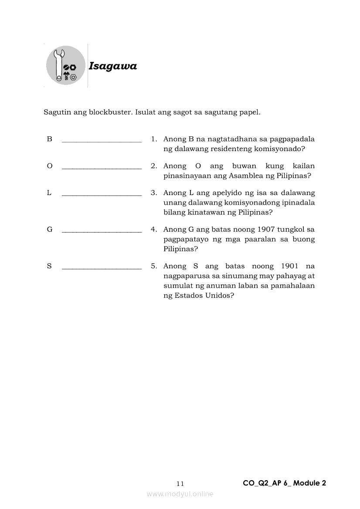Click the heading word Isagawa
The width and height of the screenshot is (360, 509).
[112, 66]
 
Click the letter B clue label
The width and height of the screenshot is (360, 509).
[49, 139]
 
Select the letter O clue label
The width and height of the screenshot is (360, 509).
[49, 166]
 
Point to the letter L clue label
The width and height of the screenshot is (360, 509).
[49, 193]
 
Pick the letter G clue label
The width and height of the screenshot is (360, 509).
[49, 229]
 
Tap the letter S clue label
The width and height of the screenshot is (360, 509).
[49, 266]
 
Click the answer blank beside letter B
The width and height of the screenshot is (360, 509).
[102, 141]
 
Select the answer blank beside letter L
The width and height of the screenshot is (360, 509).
[102, 195]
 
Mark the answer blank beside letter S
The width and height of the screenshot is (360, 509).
[102, 268]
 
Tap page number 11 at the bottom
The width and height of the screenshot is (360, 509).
[180, 484]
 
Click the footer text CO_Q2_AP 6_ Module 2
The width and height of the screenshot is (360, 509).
[284, 483]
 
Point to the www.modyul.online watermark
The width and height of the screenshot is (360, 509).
[180, 494]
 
